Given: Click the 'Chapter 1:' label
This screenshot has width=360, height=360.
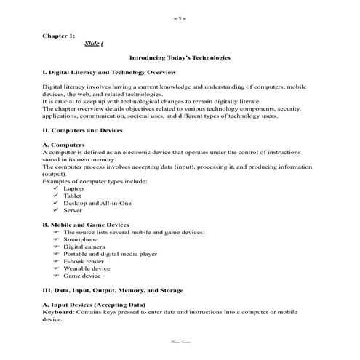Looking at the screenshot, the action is [59, 35].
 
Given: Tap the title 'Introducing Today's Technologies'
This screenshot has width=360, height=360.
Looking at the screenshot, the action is [179, 57].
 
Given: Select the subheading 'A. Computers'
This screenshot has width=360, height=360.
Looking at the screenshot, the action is [63, 145].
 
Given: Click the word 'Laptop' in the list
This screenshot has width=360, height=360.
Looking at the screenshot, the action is [73, 188].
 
